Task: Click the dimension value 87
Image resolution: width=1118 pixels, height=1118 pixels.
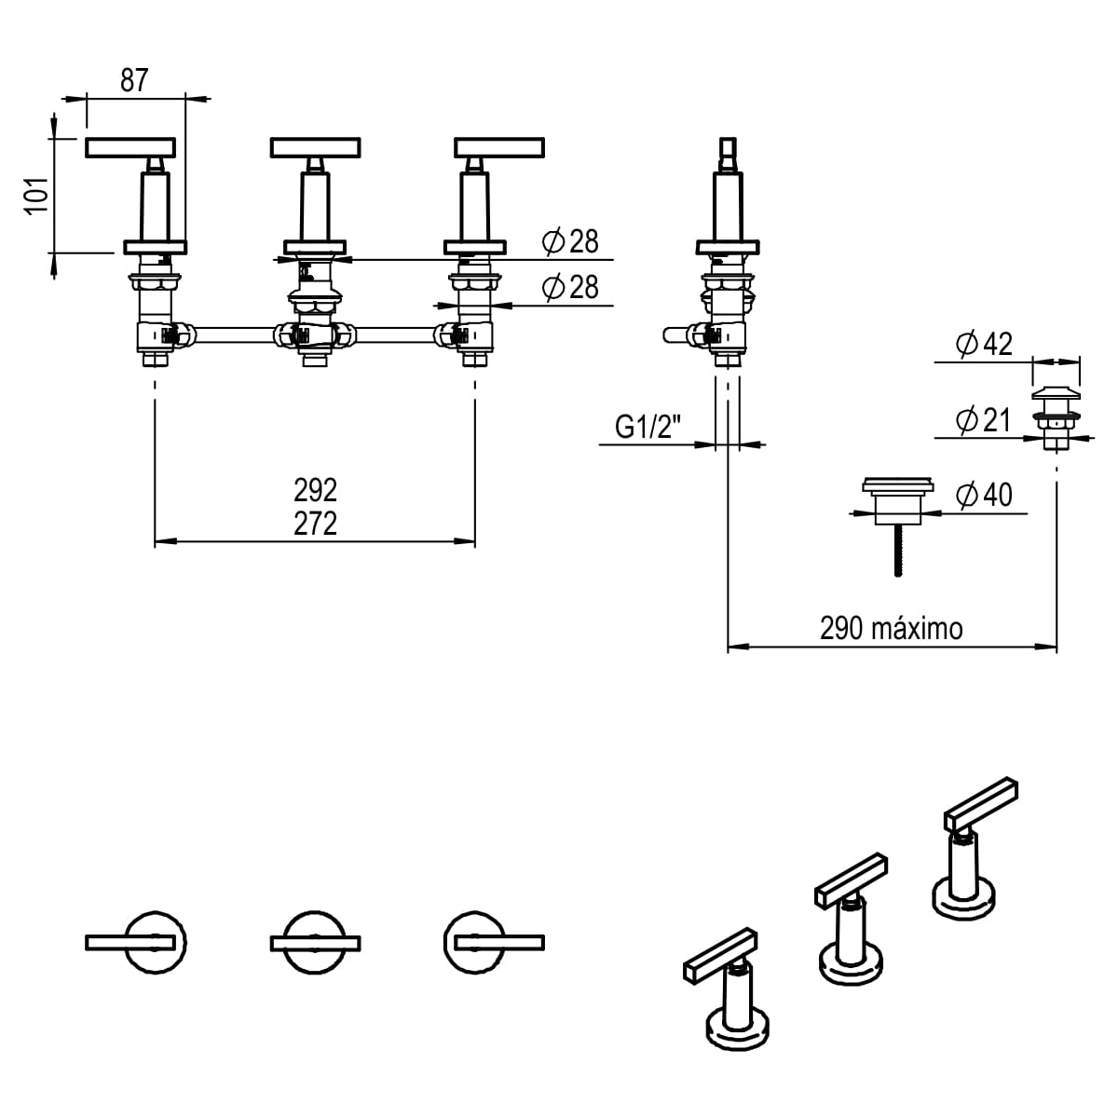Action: click(134, 80)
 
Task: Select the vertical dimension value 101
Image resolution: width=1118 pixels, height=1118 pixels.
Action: click(35, 196)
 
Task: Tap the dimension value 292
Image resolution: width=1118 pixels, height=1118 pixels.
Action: click(315, 489)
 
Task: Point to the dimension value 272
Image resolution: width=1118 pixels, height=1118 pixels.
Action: click(315, 524)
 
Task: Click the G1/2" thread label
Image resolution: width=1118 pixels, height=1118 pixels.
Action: click(648, 427)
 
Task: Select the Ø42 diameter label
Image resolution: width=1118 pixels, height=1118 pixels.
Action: click(984, 344)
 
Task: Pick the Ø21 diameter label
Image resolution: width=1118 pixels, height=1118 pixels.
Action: click(984, 420)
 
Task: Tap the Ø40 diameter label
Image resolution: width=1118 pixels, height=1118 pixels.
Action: click(984, 494)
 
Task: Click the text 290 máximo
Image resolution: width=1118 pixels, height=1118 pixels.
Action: click(891, 628)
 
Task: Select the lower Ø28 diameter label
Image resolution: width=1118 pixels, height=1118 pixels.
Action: click(570, 287)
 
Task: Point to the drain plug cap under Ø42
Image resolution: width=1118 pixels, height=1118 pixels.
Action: click(1056, 391)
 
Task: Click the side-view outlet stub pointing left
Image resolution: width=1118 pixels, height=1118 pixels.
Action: click(675, 333)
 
